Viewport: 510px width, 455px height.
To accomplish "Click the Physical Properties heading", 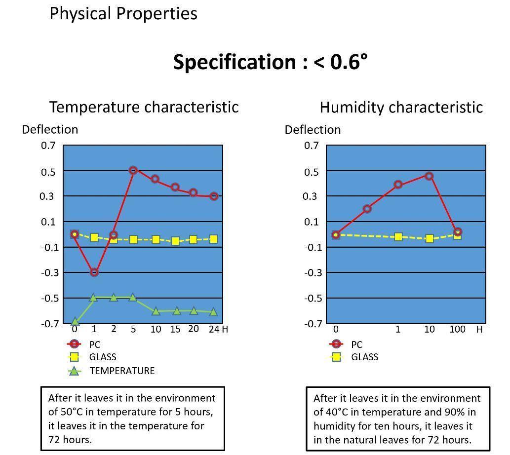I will point(123,13).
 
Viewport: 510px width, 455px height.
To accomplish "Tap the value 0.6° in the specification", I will point(349,62).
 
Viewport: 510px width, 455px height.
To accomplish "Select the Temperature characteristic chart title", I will point(144,107).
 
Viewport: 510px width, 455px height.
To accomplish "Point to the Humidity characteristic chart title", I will point(401,107).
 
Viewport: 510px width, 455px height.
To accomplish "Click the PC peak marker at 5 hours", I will point(133,170).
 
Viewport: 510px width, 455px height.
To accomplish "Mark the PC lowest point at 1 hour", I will point(94,272).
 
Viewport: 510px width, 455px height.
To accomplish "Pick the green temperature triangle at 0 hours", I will point(75,322).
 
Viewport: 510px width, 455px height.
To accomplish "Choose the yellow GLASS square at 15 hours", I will point(175,241).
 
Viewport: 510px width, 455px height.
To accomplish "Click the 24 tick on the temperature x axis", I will point(213,329).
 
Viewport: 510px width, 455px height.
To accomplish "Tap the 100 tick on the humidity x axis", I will point(457,329).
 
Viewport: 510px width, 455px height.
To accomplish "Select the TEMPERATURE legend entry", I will point(121,371).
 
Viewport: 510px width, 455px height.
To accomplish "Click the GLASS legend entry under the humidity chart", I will point(364,357).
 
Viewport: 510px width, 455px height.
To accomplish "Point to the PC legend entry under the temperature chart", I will point(94,344).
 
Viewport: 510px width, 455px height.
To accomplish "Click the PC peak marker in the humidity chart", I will point(429,176).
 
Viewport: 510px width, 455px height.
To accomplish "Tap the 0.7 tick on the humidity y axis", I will point(311,145).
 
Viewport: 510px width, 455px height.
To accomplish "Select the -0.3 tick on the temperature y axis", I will point(48,272).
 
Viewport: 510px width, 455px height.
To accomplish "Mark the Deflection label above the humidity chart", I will point(313,130).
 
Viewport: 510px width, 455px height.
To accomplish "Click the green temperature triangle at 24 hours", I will point(213,312).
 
